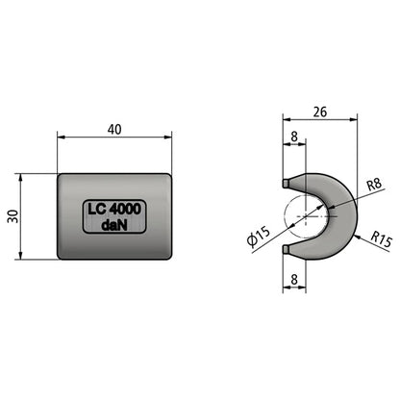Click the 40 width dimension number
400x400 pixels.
pos(114,130)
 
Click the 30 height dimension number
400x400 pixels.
pos(13,216)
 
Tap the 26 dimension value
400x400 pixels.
pos(320,112)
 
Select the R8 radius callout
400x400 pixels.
pos(374,185)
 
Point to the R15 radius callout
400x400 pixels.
pos(381,239)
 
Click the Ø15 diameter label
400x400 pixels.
pos(259,237)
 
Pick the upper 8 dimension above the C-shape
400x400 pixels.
pos(294,137)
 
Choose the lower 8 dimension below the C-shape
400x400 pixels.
pos(294,280)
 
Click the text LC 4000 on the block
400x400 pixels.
pos(114,210)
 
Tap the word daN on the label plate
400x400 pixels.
pos(114,225)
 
